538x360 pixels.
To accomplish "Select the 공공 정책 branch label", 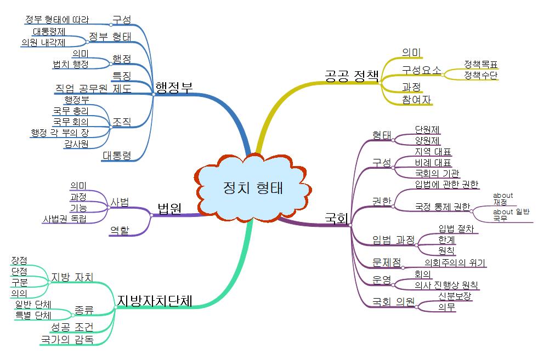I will point(351,75).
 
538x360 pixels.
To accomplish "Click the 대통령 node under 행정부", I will point(117,156).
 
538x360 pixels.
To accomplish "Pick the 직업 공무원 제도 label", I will point(93,89).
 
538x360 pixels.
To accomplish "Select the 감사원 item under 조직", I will point(76,144).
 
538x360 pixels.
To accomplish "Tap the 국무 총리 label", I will point(71,111).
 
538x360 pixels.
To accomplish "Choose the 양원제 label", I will point(427,140).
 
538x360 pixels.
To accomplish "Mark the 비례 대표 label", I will point(433,163).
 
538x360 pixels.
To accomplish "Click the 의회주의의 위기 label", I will point(455,263).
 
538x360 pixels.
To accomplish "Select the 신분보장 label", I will point(455,296).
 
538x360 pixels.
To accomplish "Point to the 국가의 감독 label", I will point(67,340).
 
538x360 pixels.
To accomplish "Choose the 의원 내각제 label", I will point(43,42).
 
